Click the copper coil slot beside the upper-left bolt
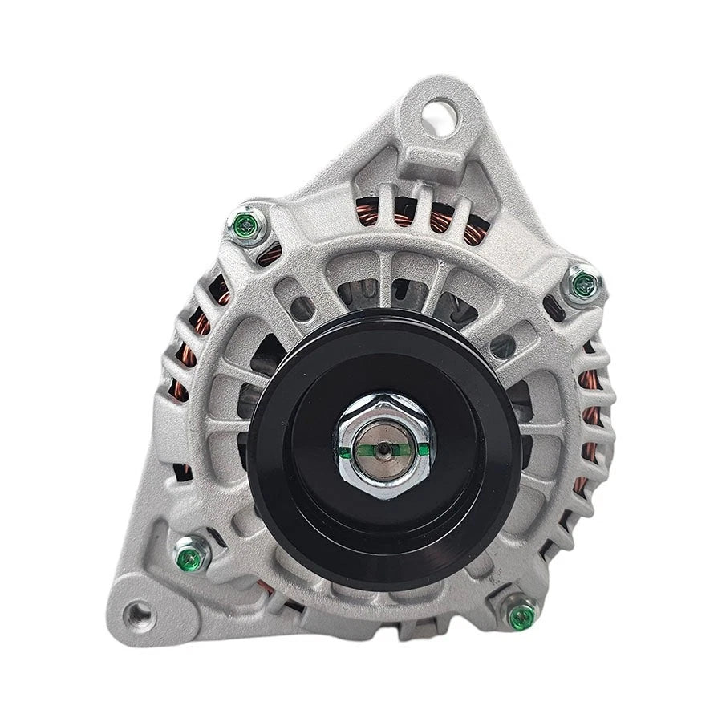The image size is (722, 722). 270,254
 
